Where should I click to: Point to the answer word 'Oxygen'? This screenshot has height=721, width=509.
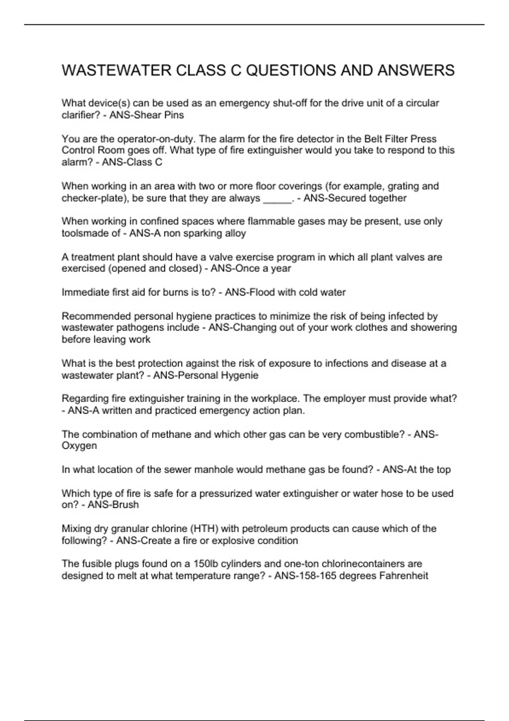point(79,446)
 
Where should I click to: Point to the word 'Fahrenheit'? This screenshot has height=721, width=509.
point(403,576)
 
